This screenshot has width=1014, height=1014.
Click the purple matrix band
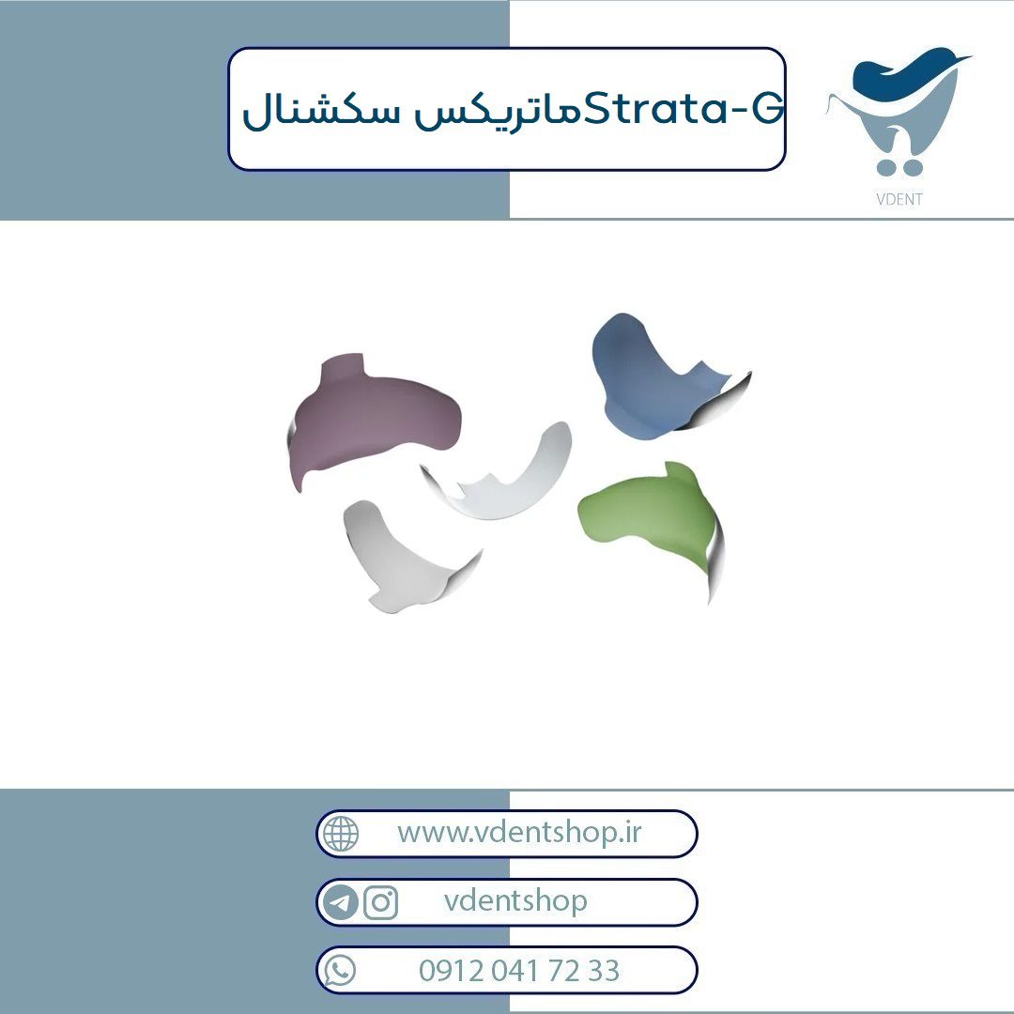click(369, 421)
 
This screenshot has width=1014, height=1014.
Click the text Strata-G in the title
click(684, 109)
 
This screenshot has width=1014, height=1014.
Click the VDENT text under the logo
click(899, 199)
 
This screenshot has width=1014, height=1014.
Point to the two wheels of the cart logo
click(899, 168)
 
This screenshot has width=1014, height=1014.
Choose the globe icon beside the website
click(341, 834)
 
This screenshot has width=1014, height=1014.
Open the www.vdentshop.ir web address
click(519, 832)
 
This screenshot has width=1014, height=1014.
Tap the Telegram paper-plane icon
click(340, 902)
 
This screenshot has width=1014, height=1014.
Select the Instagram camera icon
click(381, 902)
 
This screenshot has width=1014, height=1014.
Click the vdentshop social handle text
click(515, 900)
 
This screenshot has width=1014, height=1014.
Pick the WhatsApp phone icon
click(340, 971)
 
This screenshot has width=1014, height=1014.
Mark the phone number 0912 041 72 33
click(518, 971)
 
